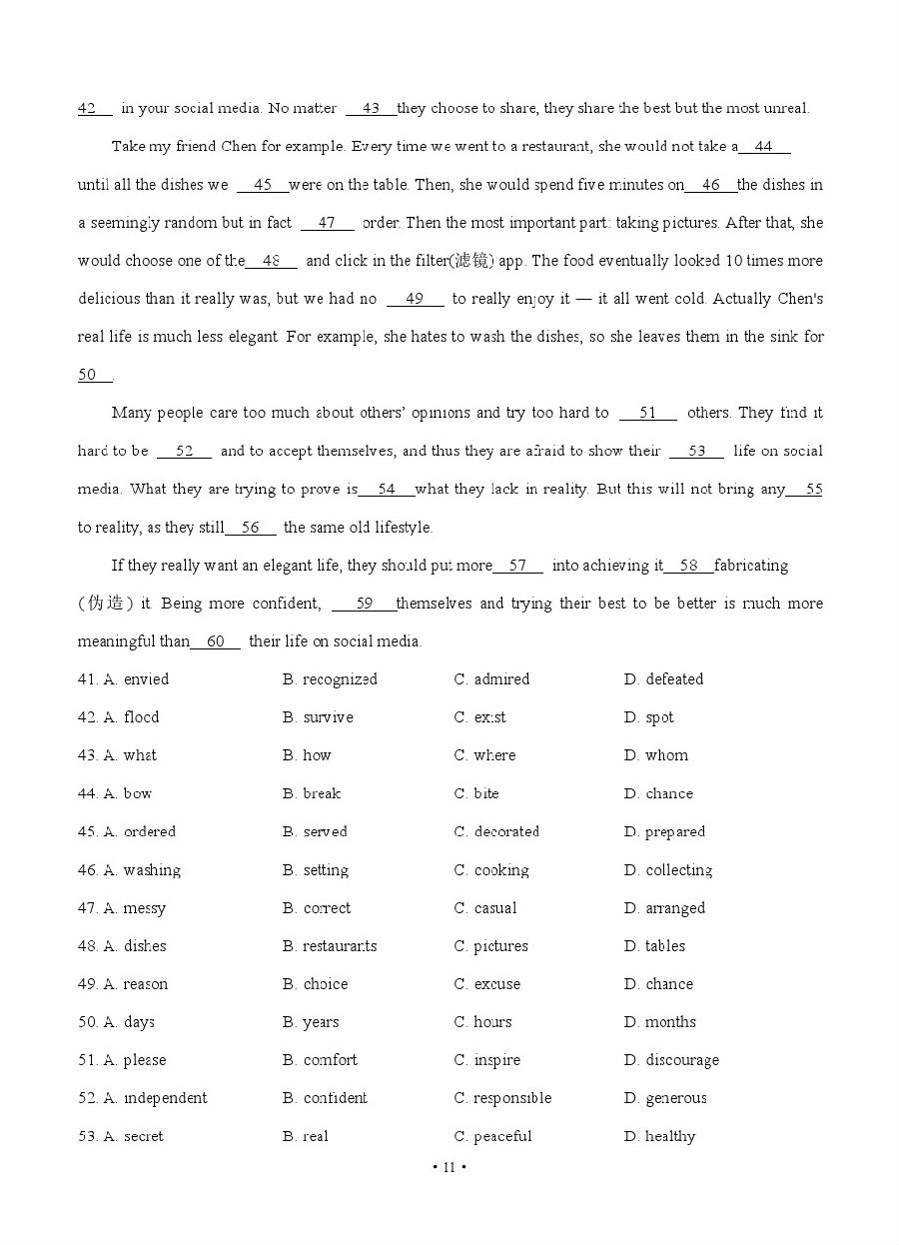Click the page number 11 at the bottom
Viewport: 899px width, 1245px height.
449,1167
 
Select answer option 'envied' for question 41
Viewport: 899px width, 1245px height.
146,679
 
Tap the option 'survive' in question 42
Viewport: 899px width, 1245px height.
328,717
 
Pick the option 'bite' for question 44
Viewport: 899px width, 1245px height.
486,793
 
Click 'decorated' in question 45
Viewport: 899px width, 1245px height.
506,831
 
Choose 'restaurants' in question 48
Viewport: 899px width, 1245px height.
340,946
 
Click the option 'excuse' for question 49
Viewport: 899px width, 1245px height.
497,984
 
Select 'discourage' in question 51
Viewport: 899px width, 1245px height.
682,1060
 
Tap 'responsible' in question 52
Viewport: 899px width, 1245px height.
512,1098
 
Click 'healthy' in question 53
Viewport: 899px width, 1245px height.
670,1136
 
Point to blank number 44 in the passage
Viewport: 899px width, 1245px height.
764,147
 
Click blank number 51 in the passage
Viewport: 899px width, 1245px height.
648,413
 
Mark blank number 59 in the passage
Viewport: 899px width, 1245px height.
364,604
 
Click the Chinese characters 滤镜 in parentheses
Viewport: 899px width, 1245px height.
468,261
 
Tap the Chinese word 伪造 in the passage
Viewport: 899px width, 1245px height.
106,604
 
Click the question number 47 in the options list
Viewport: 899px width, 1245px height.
87,908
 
